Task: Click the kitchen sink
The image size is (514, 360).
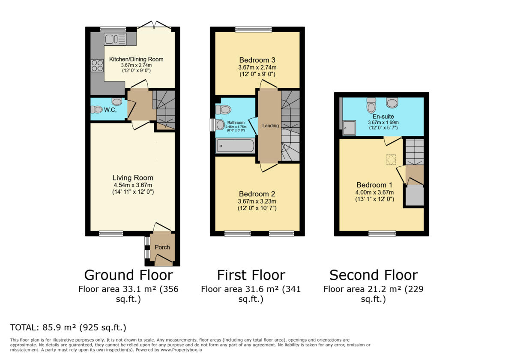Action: pyautogui.click(x=115, y=39)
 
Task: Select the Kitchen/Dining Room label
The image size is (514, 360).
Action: pyautogui.click(x=136, y=59)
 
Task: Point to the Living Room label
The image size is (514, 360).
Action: pyautogui.click(x=133, y=177)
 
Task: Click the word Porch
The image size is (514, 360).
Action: pyautogui.click(x=162, y=247)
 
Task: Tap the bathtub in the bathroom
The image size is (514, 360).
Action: pyautogui.click(x=235, y=146)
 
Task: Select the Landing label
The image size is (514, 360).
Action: pyautogui.click(x=270, y=126)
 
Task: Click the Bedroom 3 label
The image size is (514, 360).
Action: pyautogui.click(x=257, y=60)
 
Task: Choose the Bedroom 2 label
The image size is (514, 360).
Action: pyautogui.click(x=257, y=194)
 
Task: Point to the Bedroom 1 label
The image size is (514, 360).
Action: pyautogui.click(x=375, y=185)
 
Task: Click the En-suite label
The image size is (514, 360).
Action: pyautogui.click(x=383, y=116)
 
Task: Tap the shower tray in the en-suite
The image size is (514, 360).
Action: pyautogui.click(x=349, y=128)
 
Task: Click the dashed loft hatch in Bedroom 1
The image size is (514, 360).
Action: pyautogui.click(x=391, y=159)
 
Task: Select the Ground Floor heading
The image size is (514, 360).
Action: pyautogui.click(x=128, y=275)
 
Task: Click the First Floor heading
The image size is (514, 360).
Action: pyautogui.click(x=251, y=275)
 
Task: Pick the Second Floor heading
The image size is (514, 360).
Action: pyautogui.click(x=373, y=275)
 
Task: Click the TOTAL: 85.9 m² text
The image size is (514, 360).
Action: pyautogui.click(x=68, y=328)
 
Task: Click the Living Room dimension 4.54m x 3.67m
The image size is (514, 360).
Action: pyautogui.click(x=133, y=185)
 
